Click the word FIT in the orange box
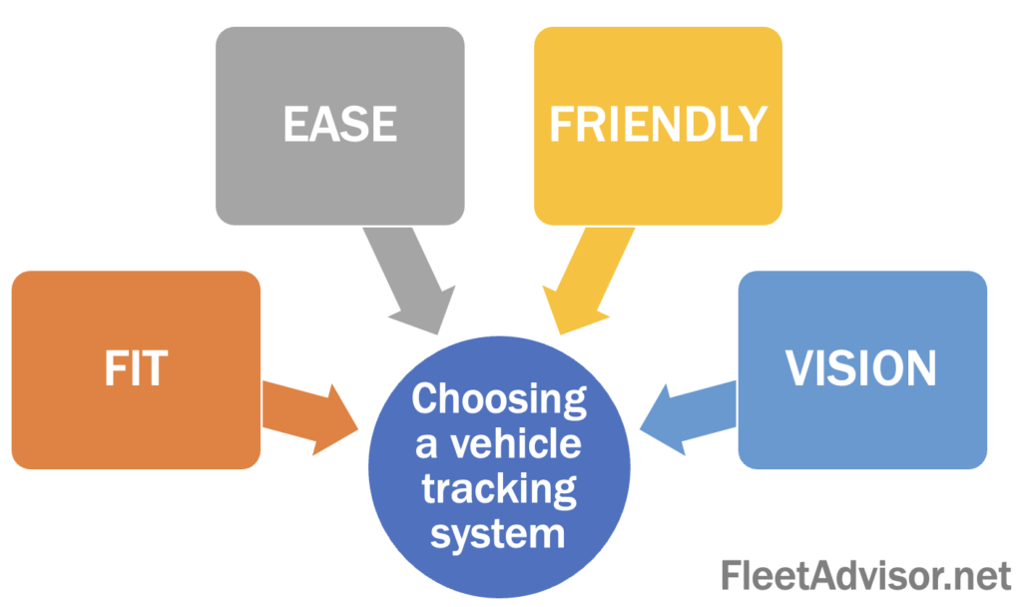pyautogui.click(x=136, y=368)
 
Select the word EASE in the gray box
pyautogui.click(x=339, y=124)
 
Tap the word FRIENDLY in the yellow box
pyautogui.click(x=658, y=124)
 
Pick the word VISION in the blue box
pyautogui.click(x=861, y=368)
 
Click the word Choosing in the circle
pyautogui.click(x=499, y=399)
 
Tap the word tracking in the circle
pyautogui.click(x=499, y=488)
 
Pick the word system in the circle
pyautogui.click(x=499, y=533)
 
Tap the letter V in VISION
pyautogui.click(x=799, y=368)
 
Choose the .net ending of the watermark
pyautogui.click(x=973, y=575)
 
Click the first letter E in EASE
pyautogui.click(x=295, y=124)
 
